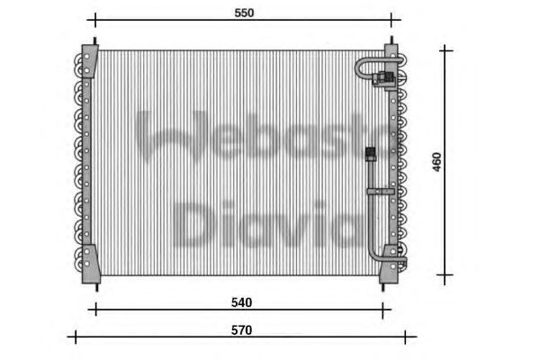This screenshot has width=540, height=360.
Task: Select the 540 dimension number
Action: coord(240,301)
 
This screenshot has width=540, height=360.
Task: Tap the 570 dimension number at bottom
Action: coord(240,329)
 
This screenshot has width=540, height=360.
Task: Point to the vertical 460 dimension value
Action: coord(436,162)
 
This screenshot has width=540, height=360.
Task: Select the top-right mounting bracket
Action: coord(391,51)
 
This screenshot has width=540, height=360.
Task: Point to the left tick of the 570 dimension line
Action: coord(76,338)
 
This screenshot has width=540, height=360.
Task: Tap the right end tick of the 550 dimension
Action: coord(391,19)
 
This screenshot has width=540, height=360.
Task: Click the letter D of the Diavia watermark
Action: coord(192,224)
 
